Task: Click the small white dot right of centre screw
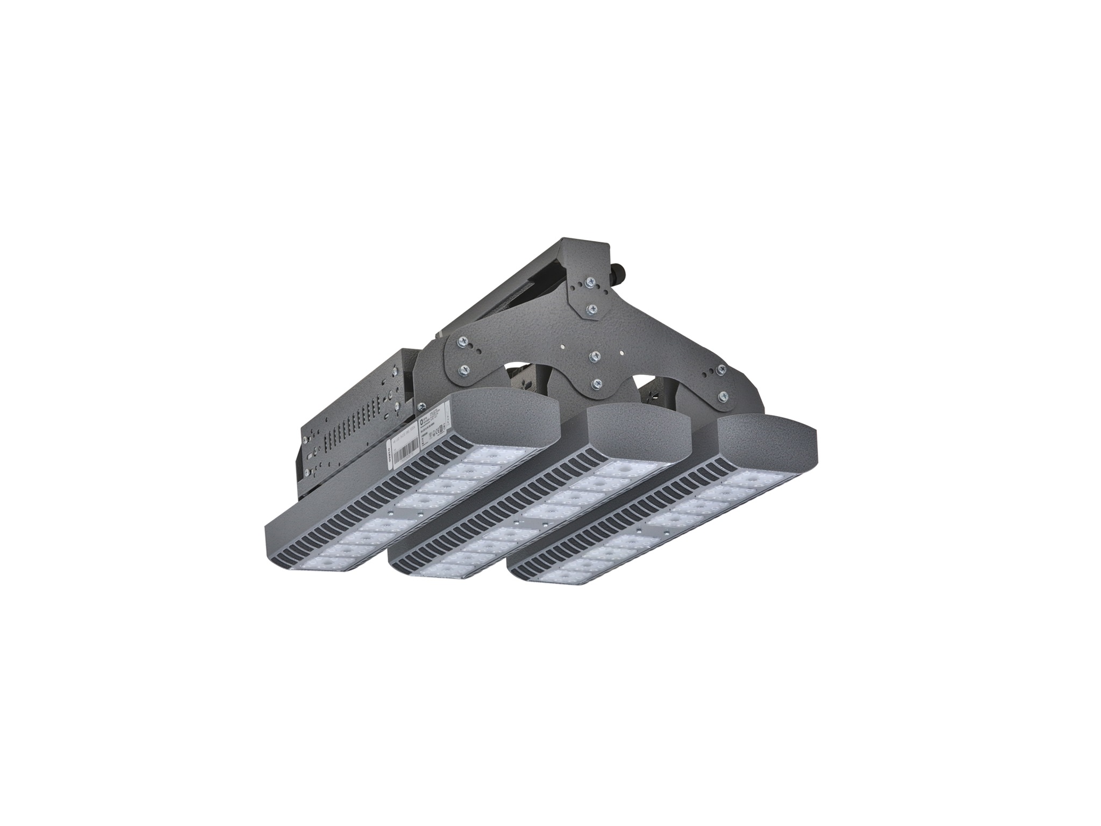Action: [622, 353]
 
